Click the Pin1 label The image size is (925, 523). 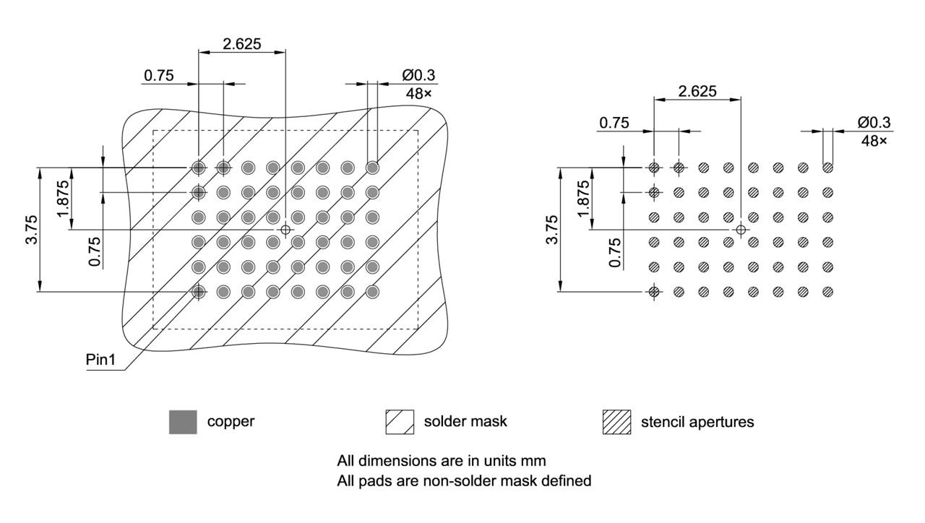(x=100, y=359)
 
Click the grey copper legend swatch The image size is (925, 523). (x=183, y=422)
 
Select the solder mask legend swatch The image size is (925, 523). (x=400, y=422)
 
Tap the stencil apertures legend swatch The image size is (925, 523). (x=616, y=422)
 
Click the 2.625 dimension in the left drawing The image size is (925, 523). (x=242, y=43)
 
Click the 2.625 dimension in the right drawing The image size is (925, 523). (x=697, y=91)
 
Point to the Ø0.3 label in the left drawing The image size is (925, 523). (x=418, y=75)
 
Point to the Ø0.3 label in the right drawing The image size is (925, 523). (x=874, y=122)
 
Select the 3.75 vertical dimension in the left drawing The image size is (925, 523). (x=30, y=230)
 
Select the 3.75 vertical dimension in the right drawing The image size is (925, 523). (x=552, y=230)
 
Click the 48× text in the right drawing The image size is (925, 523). (x=874, y=140)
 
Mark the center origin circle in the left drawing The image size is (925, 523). (x=285, y=230)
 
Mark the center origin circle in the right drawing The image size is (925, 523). (x=740, y=230)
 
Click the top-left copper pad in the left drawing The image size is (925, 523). (x=198, y=168)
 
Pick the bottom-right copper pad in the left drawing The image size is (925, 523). (x=372, y=292)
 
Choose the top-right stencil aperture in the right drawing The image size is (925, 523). (x=828, y=168)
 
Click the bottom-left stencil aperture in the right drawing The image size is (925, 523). (x=653, y=292)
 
